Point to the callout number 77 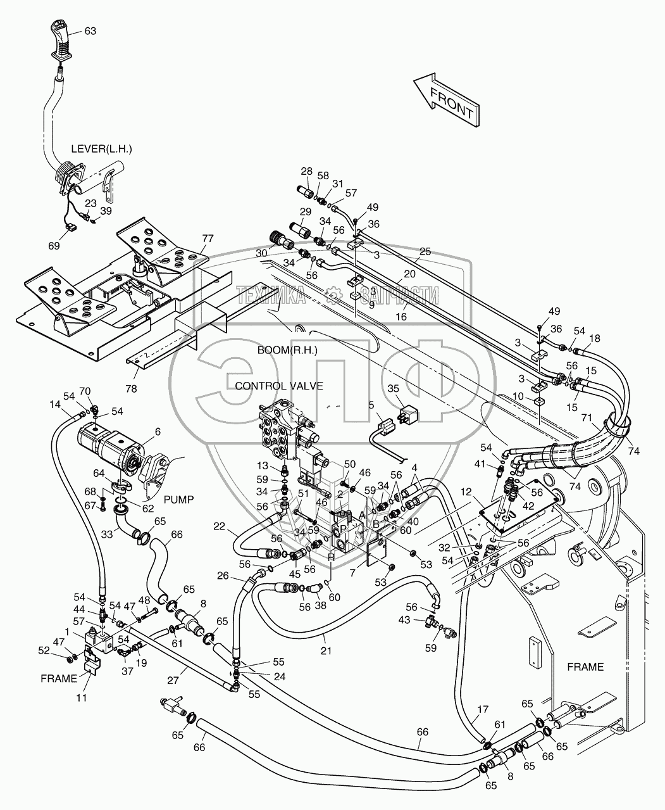[208, 239]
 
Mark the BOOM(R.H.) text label [287, 350]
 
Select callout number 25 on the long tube [425, 252]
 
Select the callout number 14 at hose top [55, 403]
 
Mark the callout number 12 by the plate [484, 491]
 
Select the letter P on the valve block [343, 528]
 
